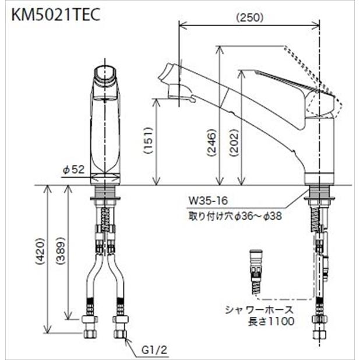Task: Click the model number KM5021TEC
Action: click(x=56, y=15)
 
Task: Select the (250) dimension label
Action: click(x=250, y=17)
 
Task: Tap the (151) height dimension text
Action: click(x=148, y=140)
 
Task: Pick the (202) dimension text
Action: click(x=234, y=143)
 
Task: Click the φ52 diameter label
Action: click(x=73, y=170)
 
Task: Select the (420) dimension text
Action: click(x=40, y=252)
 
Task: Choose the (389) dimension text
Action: click(x=61, y=251)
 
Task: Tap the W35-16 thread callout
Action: click(x=208, y=200)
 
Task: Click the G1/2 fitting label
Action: click(x=154, y=350)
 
